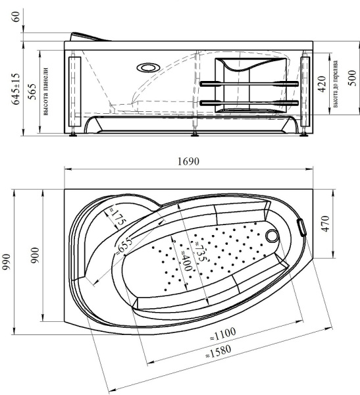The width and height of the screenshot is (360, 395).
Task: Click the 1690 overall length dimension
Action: pos(188,161)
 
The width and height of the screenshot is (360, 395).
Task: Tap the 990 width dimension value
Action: pos(7,262)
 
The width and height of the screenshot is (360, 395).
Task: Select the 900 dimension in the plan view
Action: pos(36,255)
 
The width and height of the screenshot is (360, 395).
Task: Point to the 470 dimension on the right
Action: pos(325,223)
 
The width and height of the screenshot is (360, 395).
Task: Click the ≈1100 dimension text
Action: pos(223,334)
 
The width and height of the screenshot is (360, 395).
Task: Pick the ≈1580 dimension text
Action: pos(218,352)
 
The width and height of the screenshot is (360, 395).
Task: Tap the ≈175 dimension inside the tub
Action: pos(117,217)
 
